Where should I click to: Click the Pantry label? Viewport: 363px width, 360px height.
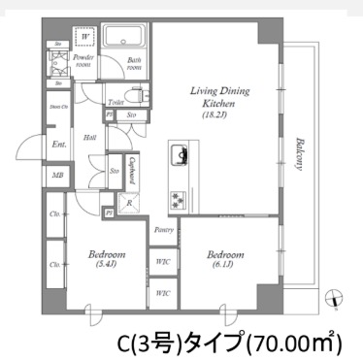click(163, 229)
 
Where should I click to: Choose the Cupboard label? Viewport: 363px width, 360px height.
click(131, 175)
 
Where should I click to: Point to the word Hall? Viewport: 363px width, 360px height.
click(89, 138)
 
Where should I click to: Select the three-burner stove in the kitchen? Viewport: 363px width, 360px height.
click(180, 200)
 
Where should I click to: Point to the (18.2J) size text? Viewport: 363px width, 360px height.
click(221, 114)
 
